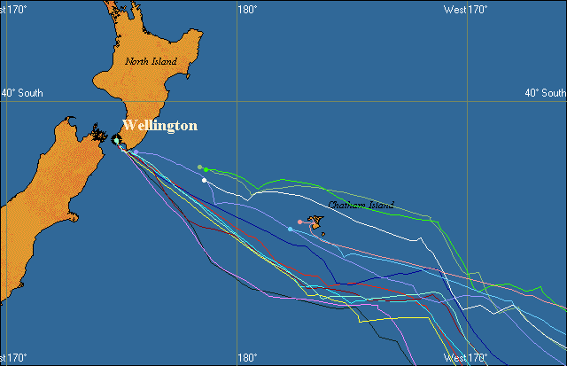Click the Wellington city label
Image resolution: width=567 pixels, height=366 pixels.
point(159,126)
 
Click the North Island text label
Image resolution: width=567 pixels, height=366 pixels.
point(151,61)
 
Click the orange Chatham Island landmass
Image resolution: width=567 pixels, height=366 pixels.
point(315,224)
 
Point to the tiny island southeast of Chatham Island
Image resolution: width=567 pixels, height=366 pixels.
point(322,235)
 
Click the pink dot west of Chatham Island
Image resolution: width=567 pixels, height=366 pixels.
point(300,222)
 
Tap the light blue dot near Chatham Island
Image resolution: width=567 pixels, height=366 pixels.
point(291,230)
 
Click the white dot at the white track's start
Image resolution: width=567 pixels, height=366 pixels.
point(204,181)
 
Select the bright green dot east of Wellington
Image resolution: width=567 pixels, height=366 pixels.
point(206,169)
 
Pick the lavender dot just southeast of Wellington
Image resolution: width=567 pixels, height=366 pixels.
point(136,153)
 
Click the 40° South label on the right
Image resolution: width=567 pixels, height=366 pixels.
point(545,92)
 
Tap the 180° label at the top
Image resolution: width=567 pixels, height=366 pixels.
point(247,10)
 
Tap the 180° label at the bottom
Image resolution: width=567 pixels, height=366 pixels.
point(247,359)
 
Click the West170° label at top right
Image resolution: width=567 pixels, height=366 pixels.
point(466,10)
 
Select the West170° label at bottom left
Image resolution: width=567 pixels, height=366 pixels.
point(16,359)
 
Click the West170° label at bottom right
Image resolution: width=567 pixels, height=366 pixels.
point(466,359)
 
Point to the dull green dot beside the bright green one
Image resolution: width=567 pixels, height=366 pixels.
point(200,167)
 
